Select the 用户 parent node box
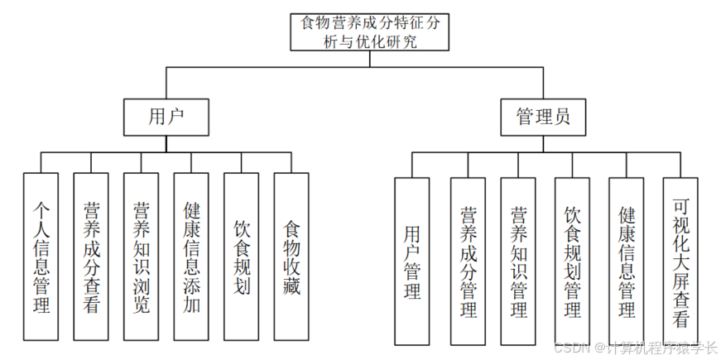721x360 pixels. coord(166,117)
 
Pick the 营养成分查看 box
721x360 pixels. coord(91,257)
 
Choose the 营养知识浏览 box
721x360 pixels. coord(142,257)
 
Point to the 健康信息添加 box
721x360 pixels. coord(191,257)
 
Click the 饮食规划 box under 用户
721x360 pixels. coord(241,257)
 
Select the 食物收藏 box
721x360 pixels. coord(291,257)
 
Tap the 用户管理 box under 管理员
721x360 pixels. coord(411,261)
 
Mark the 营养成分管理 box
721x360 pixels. coord(469,261)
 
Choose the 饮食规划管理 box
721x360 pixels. coord(572,261)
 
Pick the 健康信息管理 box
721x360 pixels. coord(627,261)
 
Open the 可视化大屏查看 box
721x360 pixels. coord(680,261)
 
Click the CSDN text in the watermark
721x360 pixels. coord(571,348)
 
